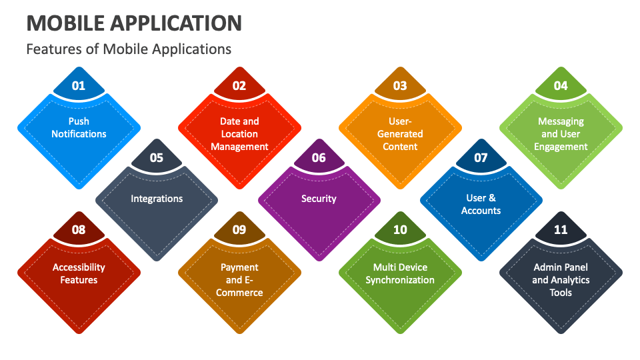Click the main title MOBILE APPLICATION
134,23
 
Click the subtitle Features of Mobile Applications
129,49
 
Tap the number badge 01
79,85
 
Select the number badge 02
239,85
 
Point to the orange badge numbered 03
400,85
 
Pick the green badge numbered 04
561,85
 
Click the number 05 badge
157,158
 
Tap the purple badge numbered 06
319,158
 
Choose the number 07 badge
481,158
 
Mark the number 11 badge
561,230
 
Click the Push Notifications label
79,127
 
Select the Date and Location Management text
239,134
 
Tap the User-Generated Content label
400,134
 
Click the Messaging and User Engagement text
561,134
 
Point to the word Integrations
157,199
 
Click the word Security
319,199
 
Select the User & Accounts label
481,204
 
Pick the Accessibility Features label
79,273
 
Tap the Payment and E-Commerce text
239,280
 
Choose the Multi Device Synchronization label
400,273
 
